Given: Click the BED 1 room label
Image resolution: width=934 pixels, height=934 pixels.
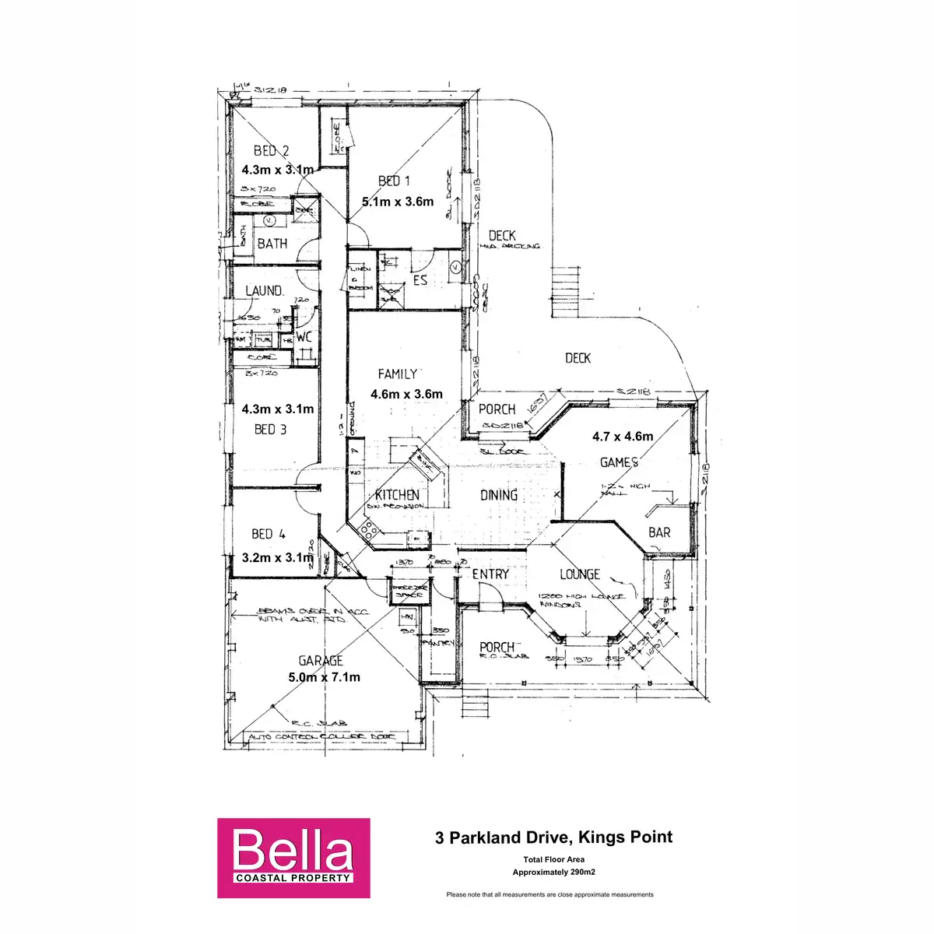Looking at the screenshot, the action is tap(394, 181).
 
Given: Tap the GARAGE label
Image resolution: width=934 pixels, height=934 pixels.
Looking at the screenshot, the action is tap(320, 661).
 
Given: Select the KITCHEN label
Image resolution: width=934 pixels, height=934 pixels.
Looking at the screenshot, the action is tap(397, 495).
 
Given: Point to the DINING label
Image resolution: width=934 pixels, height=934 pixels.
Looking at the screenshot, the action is tap(499, 495).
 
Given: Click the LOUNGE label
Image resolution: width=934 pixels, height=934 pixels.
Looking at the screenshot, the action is tap(580, 574).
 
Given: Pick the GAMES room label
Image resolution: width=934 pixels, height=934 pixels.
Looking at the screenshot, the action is tap(619, 462).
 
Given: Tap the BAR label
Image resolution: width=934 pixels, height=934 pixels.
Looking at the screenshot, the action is tap(659, 532).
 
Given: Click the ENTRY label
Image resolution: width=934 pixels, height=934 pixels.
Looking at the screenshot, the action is tap(490, 574).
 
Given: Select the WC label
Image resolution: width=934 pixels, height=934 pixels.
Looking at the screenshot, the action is tap(304, 337).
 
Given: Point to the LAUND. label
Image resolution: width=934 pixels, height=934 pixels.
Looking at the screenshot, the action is tap(264, 291).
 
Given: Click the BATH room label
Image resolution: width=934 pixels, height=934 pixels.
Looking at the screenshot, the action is tap(272, 244).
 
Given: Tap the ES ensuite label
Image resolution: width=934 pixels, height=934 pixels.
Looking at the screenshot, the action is tap(420, 280).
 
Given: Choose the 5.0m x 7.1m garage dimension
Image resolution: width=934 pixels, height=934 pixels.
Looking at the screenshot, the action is tap(324, 677).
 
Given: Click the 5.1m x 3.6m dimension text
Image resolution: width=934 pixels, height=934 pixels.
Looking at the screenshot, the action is tap(398, 201).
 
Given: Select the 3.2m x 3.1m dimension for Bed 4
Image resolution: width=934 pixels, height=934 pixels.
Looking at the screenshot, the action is tap(277, 557).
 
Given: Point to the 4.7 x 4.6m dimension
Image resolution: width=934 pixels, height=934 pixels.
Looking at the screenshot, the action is tap(623, 437).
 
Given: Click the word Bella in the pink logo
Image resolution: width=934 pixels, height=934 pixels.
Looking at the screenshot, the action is tap(293, 851).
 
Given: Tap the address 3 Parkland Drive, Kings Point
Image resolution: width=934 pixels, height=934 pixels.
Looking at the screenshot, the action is tap(553, 837).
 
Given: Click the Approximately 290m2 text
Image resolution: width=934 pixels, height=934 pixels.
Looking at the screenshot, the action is tap(553, 873).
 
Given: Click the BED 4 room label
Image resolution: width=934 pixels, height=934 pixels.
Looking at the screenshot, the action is tap(269, 534).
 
